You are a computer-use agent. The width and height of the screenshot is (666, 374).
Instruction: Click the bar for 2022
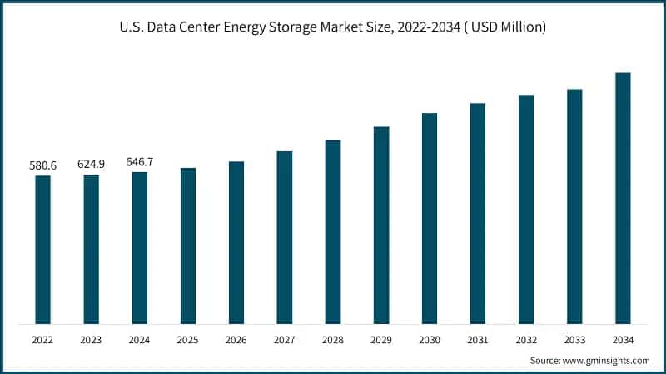pos(42,249)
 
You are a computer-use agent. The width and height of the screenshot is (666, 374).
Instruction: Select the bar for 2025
pos(188,245)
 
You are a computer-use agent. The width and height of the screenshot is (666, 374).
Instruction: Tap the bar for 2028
pos(333,232)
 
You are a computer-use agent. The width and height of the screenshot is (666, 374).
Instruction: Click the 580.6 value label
pos(42,166)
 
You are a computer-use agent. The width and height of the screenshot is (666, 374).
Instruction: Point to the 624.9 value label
pos(91,165)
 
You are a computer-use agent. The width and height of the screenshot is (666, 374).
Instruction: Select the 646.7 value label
pos(139,162)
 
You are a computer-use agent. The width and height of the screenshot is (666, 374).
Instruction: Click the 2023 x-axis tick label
pos(91,339)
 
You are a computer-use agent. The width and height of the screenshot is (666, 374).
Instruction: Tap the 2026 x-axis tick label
pos(236,339)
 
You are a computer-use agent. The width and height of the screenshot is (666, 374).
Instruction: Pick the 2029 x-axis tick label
pos(381,339)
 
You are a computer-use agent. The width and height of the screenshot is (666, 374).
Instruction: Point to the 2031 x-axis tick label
pos(478,339)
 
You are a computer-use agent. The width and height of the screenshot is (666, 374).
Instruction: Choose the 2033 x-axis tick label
pos(574,339)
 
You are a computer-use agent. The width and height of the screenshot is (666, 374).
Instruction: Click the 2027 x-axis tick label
pos(285,339)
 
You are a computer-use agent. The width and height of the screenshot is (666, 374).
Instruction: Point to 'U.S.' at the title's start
pos(132,27)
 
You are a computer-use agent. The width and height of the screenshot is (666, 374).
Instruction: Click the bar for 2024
pos(140,248)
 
